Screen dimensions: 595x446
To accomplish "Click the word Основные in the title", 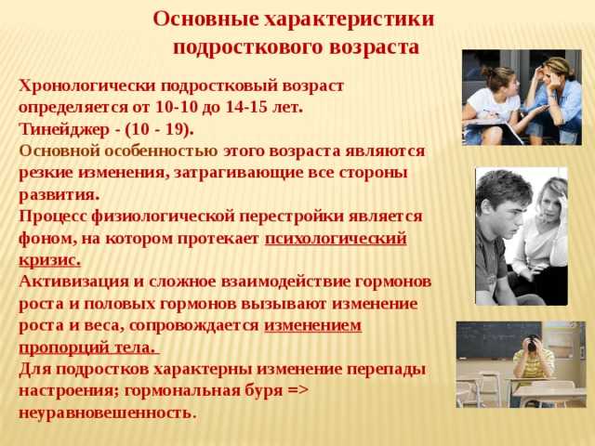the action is [x=205, y=20].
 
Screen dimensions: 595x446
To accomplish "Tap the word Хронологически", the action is [x=87, y=86].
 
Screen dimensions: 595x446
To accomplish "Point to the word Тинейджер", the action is [x=64, y=130].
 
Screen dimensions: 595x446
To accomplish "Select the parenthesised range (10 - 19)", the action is [x=157, y=130].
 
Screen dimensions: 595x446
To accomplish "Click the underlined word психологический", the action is [x=336, y=240].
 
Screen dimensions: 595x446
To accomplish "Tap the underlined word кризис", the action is [x=49, y=260].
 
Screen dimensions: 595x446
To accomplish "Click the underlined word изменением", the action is [x=312, y=326].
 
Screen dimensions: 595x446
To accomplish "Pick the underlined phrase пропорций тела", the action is [x=87, y=348].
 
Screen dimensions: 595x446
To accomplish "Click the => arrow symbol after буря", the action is [x=298, y=390].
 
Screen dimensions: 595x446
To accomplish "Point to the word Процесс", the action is [x=53, y=216].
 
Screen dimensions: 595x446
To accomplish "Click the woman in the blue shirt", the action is [x=555, y=100].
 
